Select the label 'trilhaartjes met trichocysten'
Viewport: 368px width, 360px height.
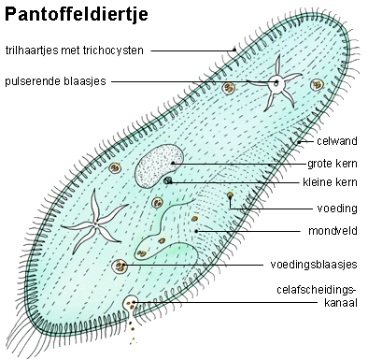point(74,50)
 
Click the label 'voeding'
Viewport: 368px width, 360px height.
point(337,209)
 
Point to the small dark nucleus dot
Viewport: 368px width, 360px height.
point(168,180)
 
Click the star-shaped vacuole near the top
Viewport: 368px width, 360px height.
point(275,82)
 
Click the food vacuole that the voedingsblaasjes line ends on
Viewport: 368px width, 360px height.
point(120,266)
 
